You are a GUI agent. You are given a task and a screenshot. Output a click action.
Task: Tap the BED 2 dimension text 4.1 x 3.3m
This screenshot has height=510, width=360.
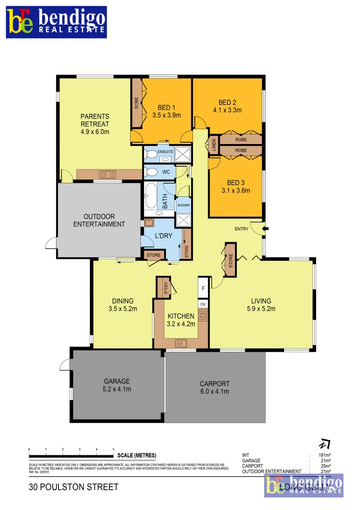click(227, 110)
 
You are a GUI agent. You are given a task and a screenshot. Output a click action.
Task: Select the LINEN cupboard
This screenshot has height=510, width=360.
click(214, 145)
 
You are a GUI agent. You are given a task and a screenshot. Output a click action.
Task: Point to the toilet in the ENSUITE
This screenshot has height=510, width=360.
click(151, 154)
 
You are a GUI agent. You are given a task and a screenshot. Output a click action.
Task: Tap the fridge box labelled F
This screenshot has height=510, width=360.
click(203, 288)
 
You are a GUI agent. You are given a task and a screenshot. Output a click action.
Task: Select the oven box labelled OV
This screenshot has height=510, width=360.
click(203, 304)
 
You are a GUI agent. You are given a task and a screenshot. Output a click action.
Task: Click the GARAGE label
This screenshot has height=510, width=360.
click(117, 381)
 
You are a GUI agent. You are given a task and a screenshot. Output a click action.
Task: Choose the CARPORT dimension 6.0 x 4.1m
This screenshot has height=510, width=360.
click(214, 391)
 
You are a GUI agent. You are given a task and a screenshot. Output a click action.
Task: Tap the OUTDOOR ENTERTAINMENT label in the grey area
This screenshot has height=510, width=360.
click(99, 221)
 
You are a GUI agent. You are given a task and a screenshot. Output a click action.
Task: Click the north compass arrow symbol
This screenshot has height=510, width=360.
click(325, 444)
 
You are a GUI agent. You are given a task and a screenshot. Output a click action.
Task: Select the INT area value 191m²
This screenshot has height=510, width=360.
click(324, 455)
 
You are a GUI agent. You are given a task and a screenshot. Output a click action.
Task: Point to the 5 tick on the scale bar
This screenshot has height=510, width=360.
click(113, 449)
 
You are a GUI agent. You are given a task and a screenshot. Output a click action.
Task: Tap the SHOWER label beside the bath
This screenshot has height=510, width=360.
click(183, 205)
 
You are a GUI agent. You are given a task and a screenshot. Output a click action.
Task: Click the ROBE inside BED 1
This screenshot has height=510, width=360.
click(136, 103)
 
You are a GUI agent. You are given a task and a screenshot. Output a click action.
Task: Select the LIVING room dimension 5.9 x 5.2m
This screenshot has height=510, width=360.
click(261, 309)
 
